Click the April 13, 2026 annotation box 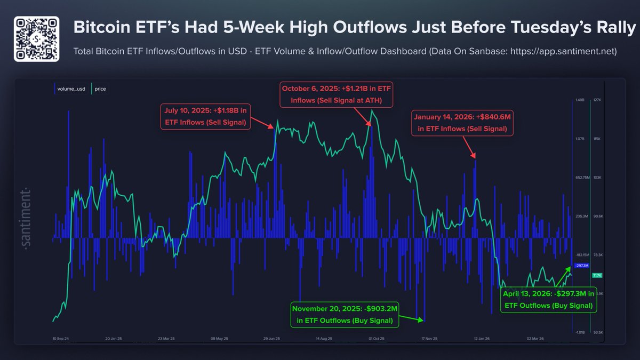pyautogui.click(x=548, y=300)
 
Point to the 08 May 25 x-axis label pyautogui.click(x=219, y=338)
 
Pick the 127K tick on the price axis pyautogui.click(x=598, y=100)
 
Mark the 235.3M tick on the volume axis pyautogui.click(x=581, y=216)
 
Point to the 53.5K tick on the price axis pyautogui.click(x=598, y=332)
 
